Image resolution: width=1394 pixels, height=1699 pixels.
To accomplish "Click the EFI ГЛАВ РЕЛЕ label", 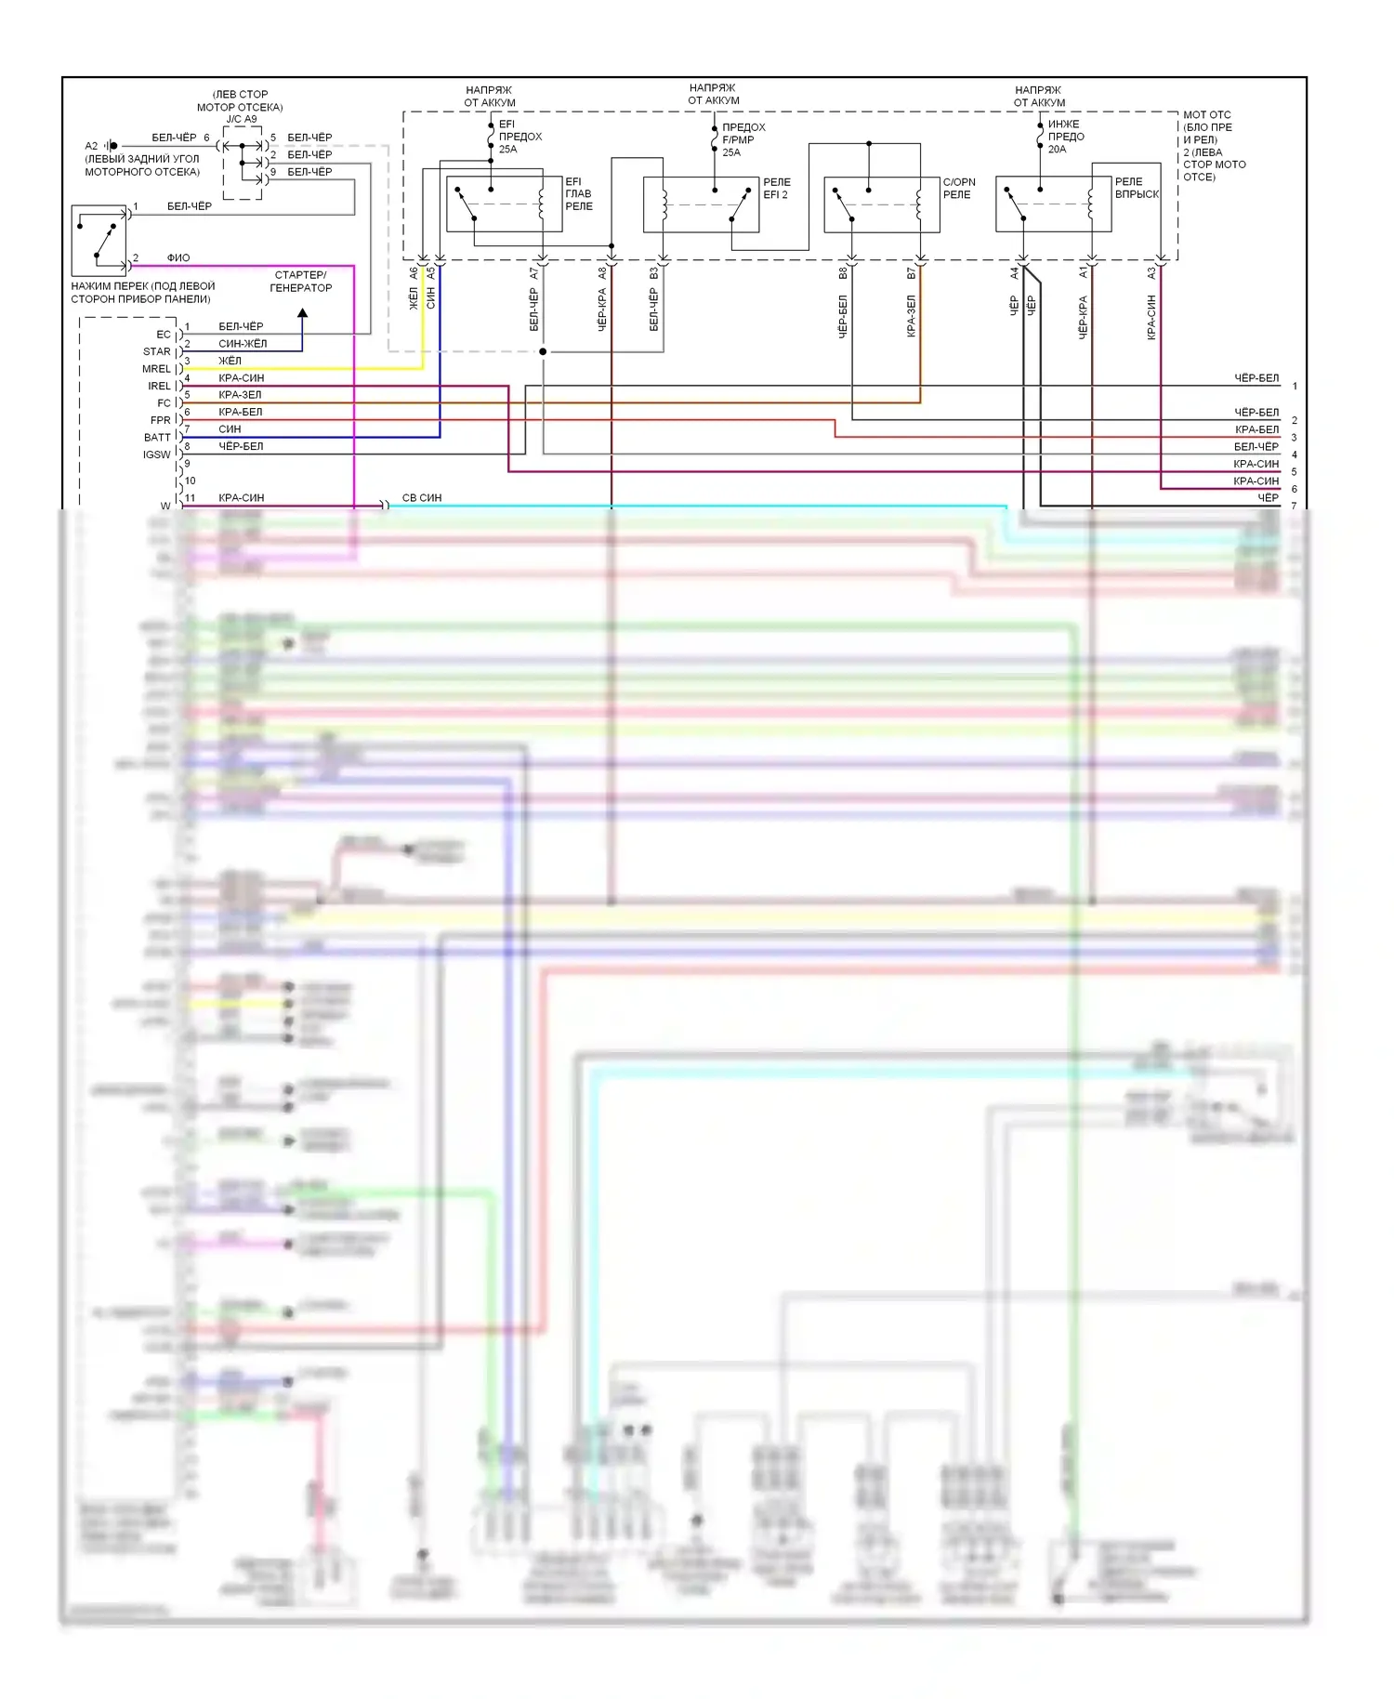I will pyautogui.click(x=578, y=194).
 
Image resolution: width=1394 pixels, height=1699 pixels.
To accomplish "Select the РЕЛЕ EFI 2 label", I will pyautogui.click(x=777, y=189).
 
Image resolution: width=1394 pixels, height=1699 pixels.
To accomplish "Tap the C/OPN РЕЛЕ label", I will pyautogui.click(x=958, y=189).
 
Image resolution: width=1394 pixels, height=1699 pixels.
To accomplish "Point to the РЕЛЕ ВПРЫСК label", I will pyautogui.click(x=1137, y=188).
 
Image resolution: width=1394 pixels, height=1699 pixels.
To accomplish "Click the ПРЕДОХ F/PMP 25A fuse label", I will pyautogui.click(x=743, y=139).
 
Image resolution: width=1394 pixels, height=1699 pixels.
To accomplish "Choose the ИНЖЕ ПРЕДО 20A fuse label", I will pyautogui.click(x=1065, y=137).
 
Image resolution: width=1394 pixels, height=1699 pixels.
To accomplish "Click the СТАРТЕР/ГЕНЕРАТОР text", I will pyautogui.click(x=300, y=282).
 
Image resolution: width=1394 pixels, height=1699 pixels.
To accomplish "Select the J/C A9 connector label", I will pyautogui.click(x=241, y=119).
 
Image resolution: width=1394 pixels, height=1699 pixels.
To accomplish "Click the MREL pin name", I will pyautogui.click(x=156, y=369).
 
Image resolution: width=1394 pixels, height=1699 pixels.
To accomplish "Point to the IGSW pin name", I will pyautogui.click(x=156, y=454).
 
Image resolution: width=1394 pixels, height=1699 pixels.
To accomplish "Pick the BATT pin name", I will pyautogui.click(x=157, y=438).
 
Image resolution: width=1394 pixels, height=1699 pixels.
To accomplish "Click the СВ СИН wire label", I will pyautogui.click(x=422, y=498).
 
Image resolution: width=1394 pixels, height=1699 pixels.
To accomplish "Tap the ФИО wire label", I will pyautogui.click(x=178, y=258).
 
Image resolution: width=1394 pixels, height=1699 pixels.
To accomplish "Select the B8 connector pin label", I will pyautogui.click(x=843, y=273).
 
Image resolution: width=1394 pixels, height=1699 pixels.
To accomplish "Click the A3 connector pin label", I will pyautogui.click(x=1151, y=273).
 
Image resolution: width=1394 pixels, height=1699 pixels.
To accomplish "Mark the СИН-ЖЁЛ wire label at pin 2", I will pyautogui.click(x=243, y=344).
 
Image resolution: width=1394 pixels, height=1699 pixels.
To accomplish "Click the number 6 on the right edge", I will pyautogui.click(x=1294, y=489).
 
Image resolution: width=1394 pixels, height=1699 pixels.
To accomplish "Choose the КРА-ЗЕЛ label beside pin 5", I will pyautogui.click(x=240, y=395).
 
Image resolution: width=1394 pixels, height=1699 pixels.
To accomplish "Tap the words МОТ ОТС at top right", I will pyautogui.click(x=1206, y=115).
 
